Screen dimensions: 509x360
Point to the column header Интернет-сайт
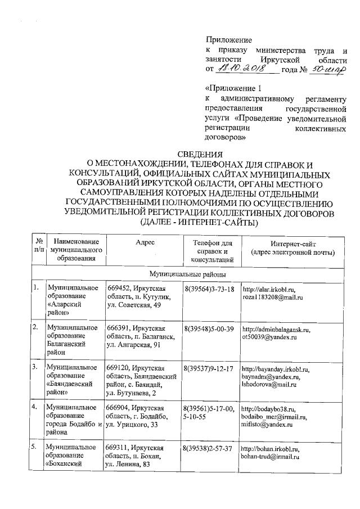click(292, 243)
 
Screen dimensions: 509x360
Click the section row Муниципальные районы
click(187, 274)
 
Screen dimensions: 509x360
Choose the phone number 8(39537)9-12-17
click(209, 369)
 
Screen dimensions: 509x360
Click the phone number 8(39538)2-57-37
click(209, 449)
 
